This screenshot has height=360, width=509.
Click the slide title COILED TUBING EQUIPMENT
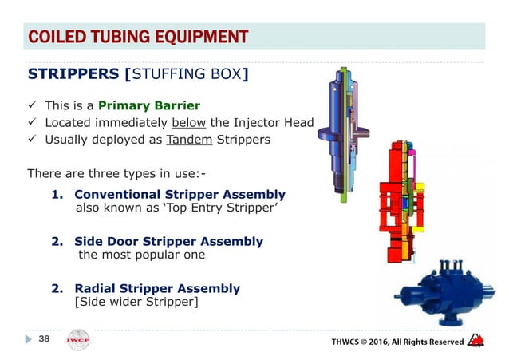click(137, 37)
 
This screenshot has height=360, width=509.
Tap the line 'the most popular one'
click(141, 255)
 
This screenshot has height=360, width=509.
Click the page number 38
click(46, 339)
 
